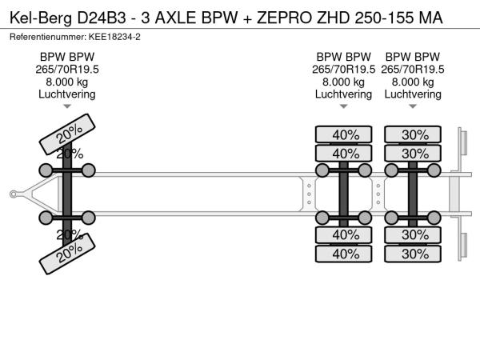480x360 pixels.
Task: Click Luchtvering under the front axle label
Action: (x=67, y=94)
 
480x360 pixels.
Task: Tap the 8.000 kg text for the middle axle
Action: (x=343, y=82)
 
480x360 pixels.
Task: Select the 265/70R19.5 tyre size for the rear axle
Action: (x=413, y=70)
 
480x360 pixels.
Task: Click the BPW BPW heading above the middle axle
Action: (x=343, y=57)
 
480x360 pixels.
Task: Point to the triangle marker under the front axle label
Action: (x=67, y=106)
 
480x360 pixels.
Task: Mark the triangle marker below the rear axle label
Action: (x=413, y=106)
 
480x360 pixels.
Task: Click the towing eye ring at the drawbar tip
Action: (x=14, y=193)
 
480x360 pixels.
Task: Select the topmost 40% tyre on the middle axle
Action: (x=345, y=134)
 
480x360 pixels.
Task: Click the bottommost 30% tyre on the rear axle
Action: (x=414, y=254)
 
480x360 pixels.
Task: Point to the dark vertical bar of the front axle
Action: (x=67, y=193)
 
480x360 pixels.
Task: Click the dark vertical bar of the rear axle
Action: (x=414, y=193)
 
